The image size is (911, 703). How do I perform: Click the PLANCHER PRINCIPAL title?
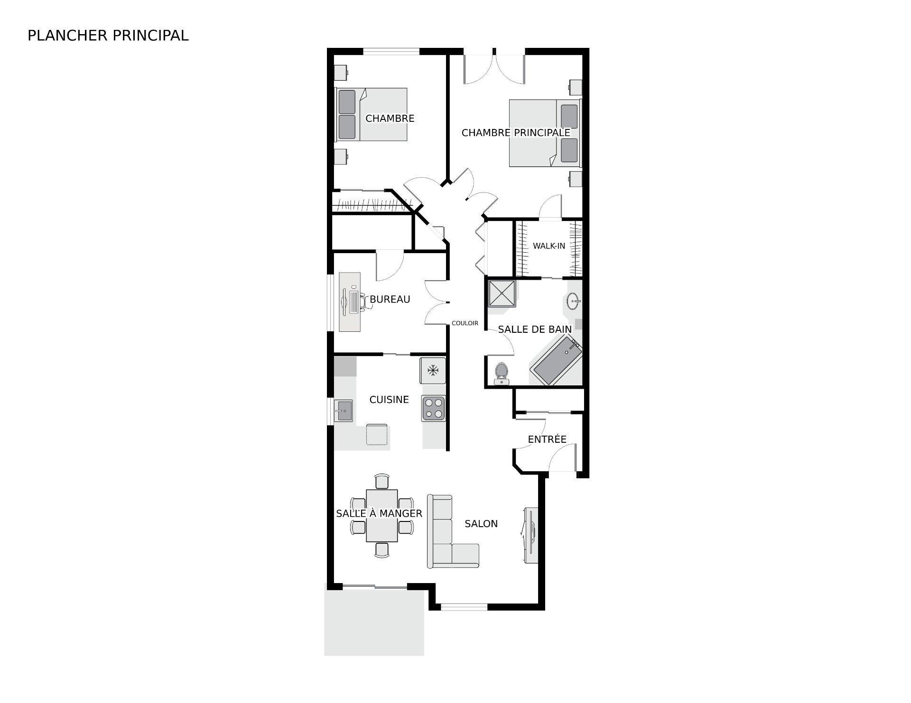[x=108, y=36]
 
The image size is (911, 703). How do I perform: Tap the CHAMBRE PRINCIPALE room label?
[x=516, y=133]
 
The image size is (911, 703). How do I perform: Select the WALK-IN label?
[x=549, y=246]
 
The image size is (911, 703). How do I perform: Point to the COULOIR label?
[x=465, y=323]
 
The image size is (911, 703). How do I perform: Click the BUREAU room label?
[x=390, y=300]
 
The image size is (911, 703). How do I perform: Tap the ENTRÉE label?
[x=547, y=439]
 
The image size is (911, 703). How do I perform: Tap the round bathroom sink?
[x=573, y=301]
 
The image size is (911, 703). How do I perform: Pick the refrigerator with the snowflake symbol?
[x=432, y=371]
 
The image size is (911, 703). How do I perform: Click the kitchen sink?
[x=343, y=410]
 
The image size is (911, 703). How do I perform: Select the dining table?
[x=382, y=515]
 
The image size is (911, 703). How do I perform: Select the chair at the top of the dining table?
[x=382, y=481]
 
